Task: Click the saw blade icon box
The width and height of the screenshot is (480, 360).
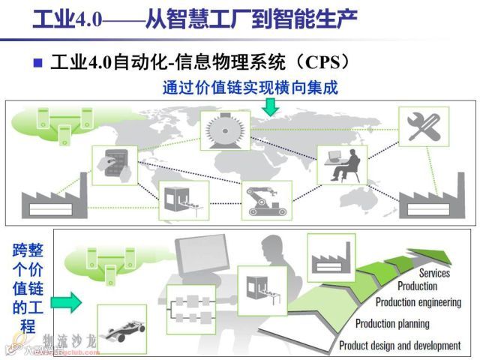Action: pyautogui.click(x=224, y=130)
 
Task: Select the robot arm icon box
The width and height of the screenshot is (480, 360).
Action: pyautogui.click(x=265, y=198)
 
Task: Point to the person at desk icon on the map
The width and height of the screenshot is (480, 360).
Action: pyautogui.click(x=341, y=164)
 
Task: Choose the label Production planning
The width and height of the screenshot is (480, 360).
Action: pyautogui.click(x=392, y=324)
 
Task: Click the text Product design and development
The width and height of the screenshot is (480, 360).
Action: pyautogui.click(x=399, y=346)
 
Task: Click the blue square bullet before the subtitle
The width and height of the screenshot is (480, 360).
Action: pyautogui.click(x=38, y=62)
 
